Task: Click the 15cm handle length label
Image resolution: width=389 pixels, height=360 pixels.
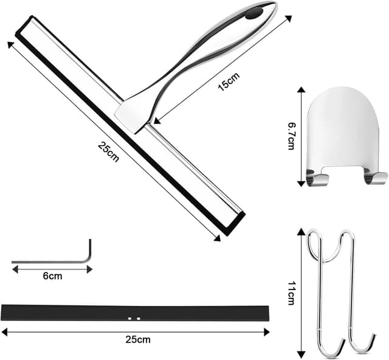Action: click(x=229, y=81)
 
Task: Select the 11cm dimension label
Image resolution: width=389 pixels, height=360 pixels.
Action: click(x=291, y=293)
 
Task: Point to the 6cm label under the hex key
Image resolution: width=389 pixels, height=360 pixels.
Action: click(x=52, y=276)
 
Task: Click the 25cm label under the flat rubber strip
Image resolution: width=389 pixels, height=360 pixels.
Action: click(x=138, y=339)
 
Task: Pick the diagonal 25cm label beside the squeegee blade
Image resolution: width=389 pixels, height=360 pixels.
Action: click(x=108, y=151)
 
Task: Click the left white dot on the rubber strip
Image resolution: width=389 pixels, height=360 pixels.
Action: click(x=129, y=318)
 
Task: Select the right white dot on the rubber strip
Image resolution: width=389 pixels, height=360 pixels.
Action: click(x=139, y=318)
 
